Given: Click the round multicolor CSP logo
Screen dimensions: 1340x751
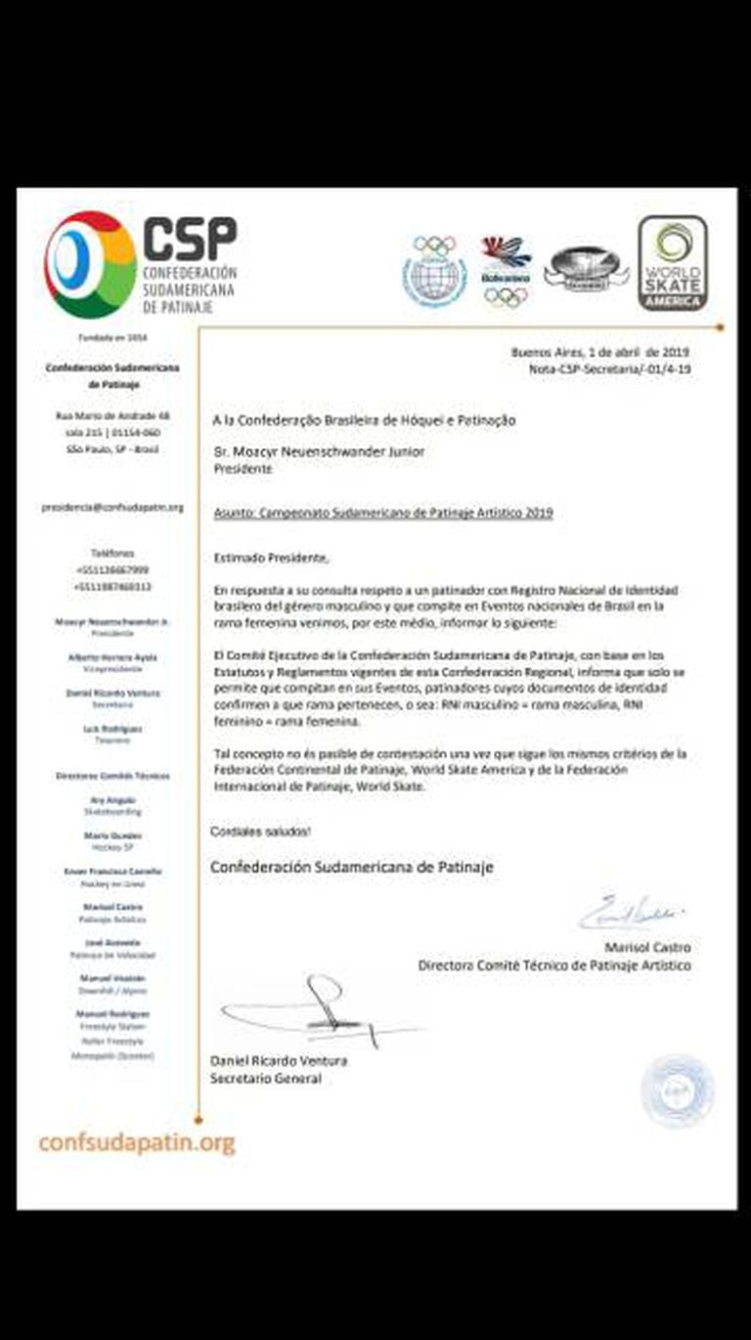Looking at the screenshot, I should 90,264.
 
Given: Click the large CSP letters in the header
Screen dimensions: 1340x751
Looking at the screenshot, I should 190,238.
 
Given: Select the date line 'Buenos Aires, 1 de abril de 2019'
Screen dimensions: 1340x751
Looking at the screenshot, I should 600,353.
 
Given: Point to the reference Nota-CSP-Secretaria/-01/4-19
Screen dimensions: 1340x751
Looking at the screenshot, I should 610,371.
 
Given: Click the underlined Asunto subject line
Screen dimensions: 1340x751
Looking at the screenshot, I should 383,512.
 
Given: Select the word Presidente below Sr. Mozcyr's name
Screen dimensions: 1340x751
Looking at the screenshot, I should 243,469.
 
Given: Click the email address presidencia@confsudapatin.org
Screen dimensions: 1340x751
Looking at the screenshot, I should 112,508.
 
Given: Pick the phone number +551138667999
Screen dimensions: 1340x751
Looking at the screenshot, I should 112,569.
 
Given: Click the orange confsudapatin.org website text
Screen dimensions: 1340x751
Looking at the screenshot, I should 137,1142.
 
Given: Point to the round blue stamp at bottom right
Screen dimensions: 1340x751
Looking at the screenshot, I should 677,1090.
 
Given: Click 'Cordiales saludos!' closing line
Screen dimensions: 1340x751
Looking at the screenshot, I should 261,830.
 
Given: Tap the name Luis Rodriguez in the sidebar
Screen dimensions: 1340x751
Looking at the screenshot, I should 112,729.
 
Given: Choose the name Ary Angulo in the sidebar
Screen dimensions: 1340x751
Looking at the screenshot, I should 112,800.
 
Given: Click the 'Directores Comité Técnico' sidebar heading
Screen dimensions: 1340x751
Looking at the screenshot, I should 112,776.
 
